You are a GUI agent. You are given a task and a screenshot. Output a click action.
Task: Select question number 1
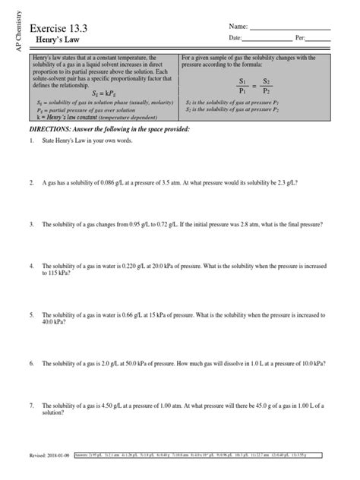click(33, 142)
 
